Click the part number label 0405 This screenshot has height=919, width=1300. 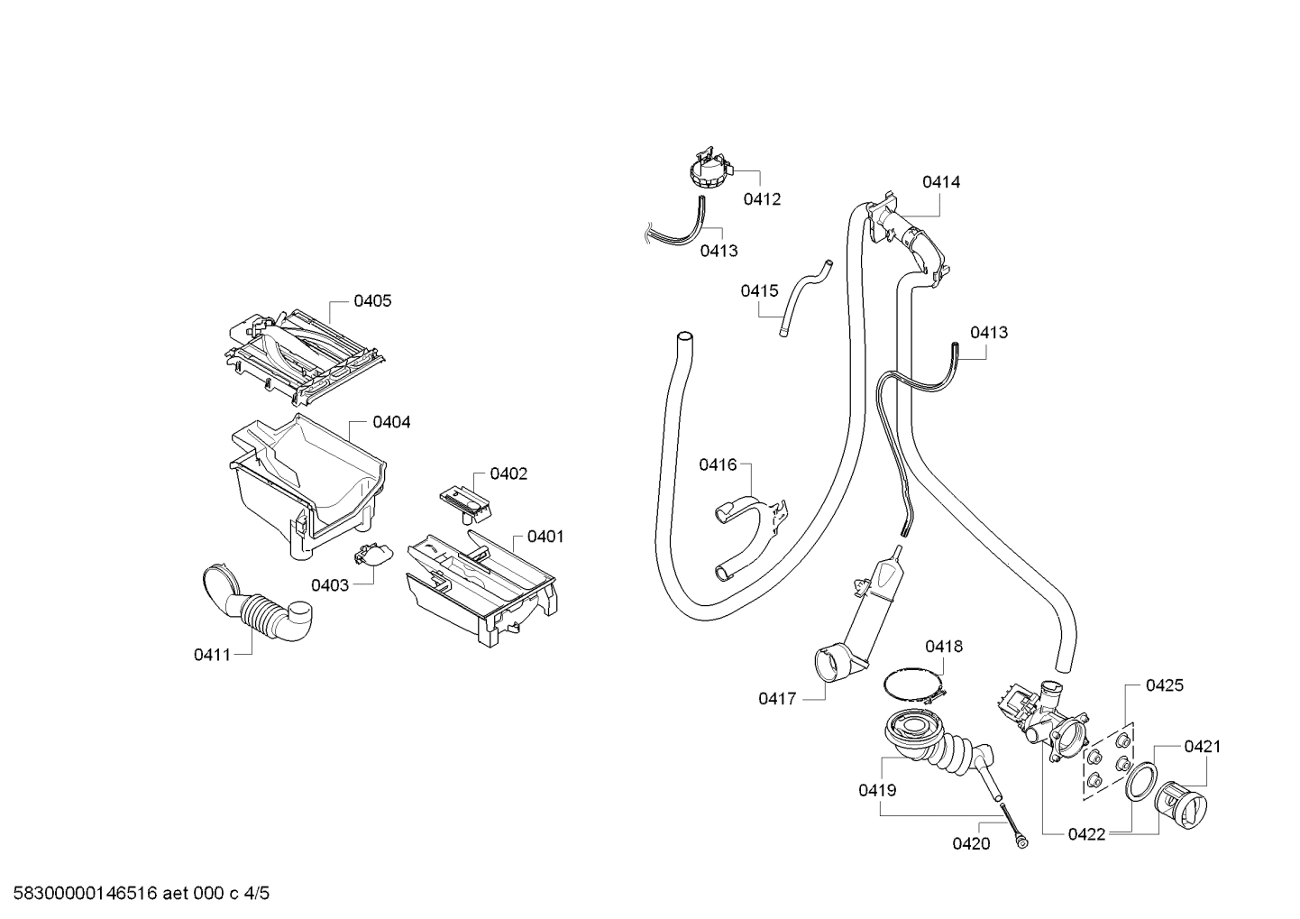pos(371,301)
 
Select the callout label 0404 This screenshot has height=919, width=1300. pos(391,422)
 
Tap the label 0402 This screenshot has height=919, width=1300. pos(508,474)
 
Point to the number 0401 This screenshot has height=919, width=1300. pos(545,537)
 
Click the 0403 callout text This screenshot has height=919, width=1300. pos(330,585)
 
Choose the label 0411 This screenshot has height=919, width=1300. pos(213,655)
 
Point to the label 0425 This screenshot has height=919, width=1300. pos(1164,685)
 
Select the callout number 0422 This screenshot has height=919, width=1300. pos(1086,834)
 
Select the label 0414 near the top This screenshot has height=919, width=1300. pos(941,182)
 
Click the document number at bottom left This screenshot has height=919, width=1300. pos(136,894)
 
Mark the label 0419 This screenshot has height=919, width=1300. pos(877,790)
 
